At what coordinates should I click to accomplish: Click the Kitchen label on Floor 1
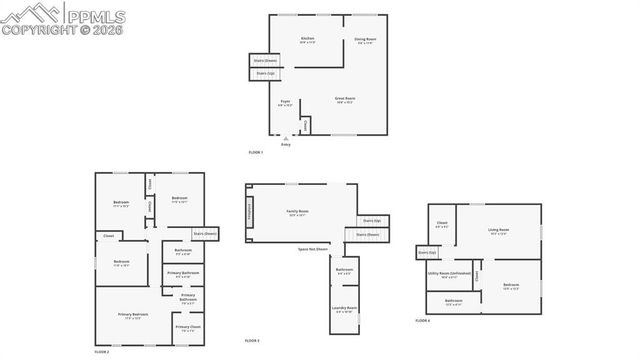[x=308, y=39]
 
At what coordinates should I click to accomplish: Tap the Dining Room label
[x=363, y=39]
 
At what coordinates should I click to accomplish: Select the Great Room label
[x=344, y=98]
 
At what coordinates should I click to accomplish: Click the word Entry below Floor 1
[x=286, y=145]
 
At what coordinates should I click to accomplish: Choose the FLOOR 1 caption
[x=256, y=152]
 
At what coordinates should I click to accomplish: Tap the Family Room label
[x=297, y=211]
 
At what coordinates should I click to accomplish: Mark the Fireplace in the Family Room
[x=249, y=211]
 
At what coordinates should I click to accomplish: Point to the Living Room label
[x=498, y=230]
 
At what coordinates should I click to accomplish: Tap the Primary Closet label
[x=187, y=327]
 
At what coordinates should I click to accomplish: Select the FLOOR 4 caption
[x=422, y=320]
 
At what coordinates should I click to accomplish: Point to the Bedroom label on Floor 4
[x=511, y=286]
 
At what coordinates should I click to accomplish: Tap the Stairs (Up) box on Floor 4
[x=427, y=252]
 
